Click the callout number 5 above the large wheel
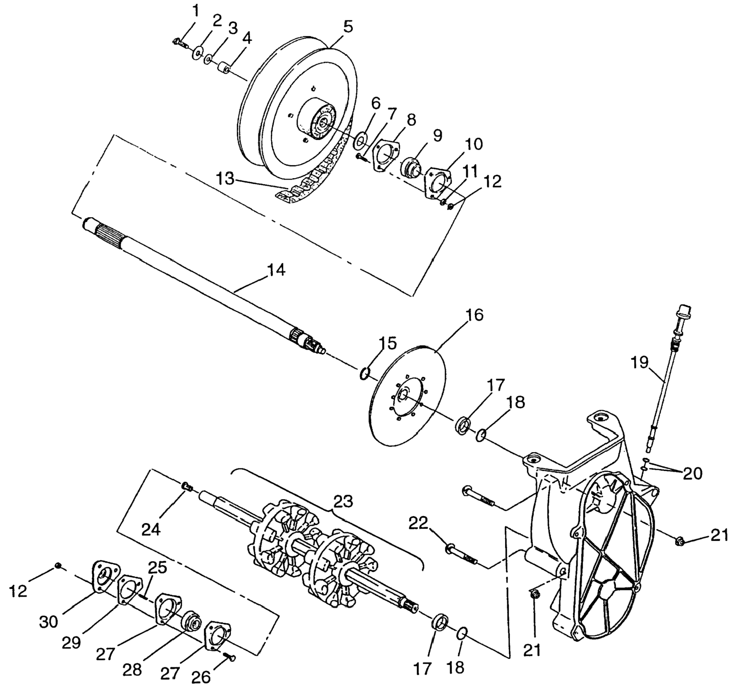(348, 27)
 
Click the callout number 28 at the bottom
(132, 669)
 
